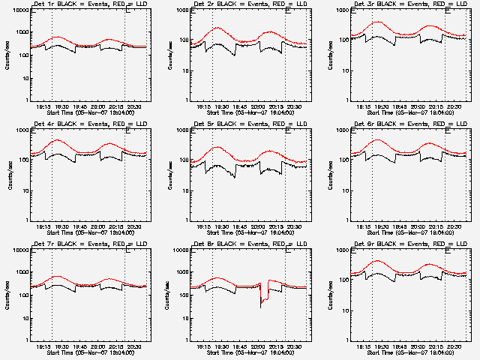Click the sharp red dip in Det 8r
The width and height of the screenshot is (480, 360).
[x=261, y=301]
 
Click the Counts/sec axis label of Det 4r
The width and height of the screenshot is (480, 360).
[x=10, y=175]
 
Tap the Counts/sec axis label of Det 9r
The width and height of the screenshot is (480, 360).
[x=329, y=295]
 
